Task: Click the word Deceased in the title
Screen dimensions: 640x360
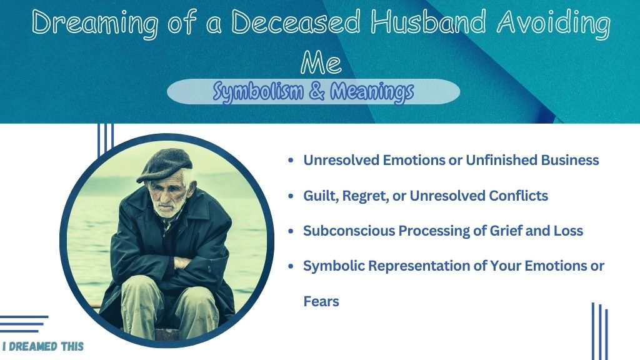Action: pyautogui.click(x=296, y=22)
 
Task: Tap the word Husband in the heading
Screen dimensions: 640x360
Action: pyautogui.click(x=428, y=22)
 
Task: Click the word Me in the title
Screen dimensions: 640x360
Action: pyautogui.click(x=321, y=62)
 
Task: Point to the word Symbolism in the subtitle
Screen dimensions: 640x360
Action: pyautogui.click(x=258, y=92)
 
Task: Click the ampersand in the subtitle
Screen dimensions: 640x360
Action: pyautogui.click(x=317, y=91)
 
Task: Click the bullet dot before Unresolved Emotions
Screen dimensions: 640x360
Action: pyautogui.click(x=291, y=161)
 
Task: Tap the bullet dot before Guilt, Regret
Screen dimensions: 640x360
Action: pyautogui.click(x=291, y=196)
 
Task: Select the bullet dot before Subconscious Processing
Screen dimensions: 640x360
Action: pyautogui.click(x=291, y=231)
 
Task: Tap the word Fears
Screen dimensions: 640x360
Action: pyautogui.click(x=321, y=301)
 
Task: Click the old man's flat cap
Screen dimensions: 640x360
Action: pyautogui.click(x=164, y=165)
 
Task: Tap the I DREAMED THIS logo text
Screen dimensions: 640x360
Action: pyautogui.click(x=43, y=346)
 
